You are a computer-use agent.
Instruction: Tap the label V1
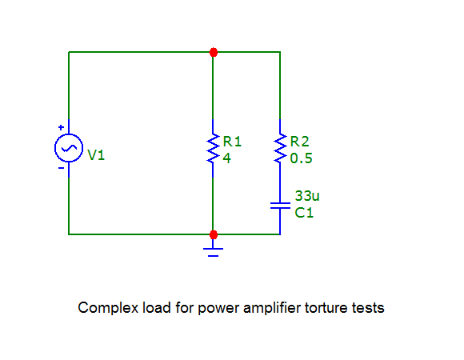96,155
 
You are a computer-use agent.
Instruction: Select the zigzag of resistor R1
213,148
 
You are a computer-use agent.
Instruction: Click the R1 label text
232,142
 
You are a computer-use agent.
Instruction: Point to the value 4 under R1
226,158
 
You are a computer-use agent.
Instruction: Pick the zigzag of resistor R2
280,148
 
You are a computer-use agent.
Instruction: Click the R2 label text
299,142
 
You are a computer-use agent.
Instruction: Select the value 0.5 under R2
301,158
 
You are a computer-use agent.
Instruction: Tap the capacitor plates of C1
280,206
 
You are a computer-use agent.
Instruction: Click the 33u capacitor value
307,196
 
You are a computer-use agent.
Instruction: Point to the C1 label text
304,213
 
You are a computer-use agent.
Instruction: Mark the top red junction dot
214,52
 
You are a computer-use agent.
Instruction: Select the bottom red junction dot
214,235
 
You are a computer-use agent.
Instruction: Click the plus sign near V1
62,127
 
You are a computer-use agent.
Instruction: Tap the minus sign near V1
62,168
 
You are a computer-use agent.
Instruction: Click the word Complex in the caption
108,308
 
